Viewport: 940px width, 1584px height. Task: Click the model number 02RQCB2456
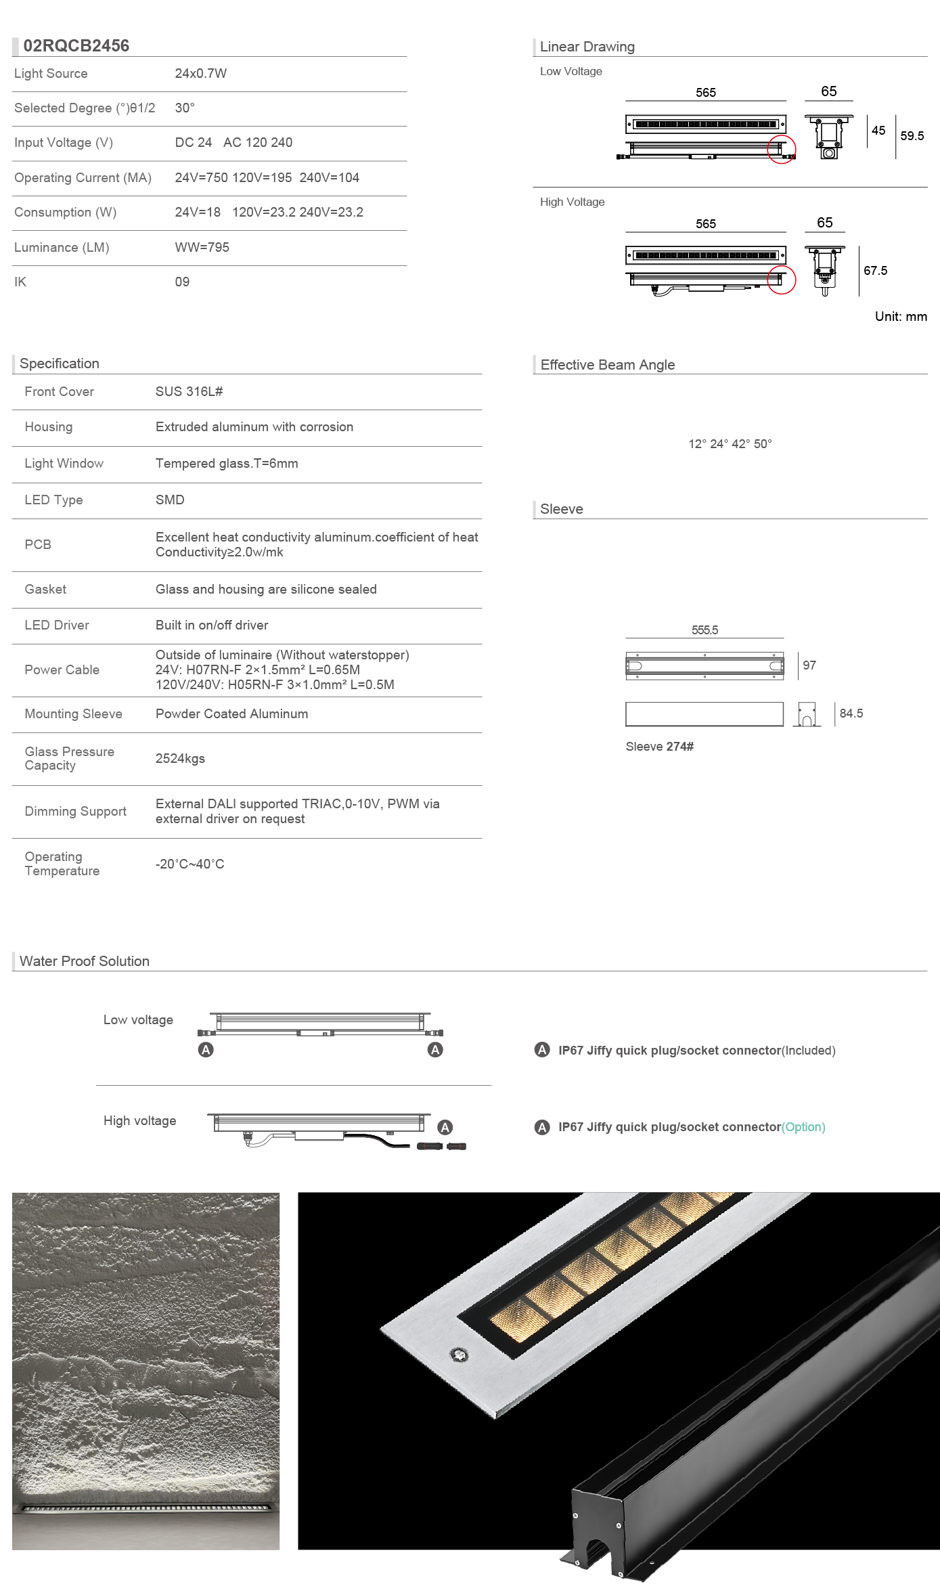(x=76, y=45)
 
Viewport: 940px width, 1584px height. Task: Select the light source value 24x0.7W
(x=200, y=74)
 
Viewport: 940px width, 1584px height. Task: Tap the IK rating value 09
(x=182, y=282)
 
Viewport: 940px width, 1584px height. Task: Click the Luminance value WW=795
(x=202, y=248)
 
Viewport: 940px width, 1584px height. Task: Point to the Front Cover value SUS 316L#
(x=189, y=392)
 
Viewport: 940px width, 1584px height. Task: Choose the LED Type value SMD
(x=170, y=500)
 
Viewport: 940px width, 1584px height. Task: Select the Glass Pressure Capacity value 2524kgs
(x=180, y=759)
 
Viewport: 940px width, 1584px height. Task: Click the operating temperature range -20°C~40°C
(x=189, y=864)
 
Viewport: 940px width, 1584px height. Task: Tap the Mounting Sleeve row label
(x=73, y=714)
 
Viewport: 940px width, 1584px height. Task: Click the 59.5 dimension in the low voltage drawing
(x=912, y=136)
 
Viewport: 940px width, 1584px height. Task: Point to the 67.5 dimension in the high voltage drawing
(x=875, y=271)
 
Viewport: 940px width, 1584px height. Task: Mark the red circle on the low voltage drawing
(x=781, y=150)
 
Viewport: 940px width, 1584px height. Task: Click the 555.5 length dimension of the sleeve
(x=704, y=630)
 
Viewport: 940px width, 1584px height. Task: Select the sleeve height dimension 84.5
(x=851, y=713)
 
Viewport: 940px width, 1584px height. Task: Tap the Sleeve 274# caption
(x=659, y=747)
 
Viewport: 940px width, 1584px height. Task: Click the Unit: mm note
(x=900, y=317)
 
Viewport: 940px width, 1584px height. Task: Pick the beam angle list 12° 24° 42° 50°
(x=730, y=444)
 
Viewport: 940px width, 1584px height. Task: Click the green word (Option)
(x=803, y=1127)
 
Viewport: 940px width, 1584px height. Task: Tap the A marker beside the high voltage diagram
(x=445, y=1127)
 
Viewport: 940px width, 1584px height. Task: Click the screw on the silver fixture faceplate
(x=460, y=1355)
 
